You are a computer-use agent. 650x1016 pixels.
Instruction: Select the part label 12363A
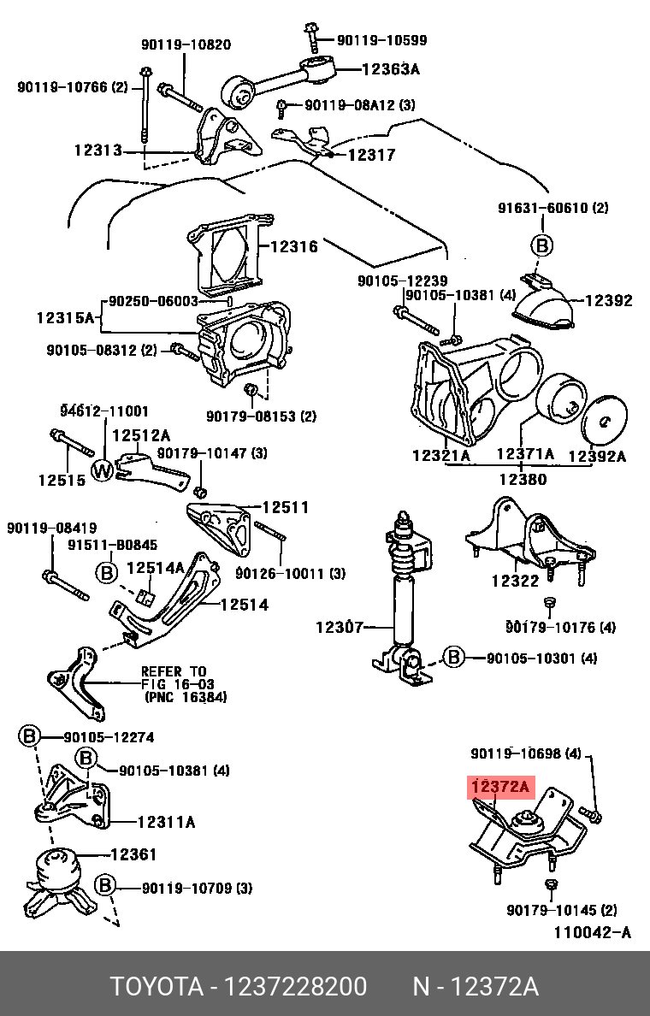pyautogui.click(x=391, y=71)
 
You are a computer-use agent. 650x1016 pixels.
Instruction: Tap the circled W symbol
pyautogui.click(x=103, y=470)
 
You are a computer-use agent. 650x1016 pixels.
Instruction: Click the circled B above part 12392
pyautogui.click(x=541, y=245)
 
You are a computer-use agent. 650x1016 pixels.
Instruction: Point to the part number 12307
pyautogui.click(x=340, y=627)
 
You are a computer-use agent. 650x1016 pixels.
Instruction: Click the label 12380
pyautogui.click(x=523, y=480)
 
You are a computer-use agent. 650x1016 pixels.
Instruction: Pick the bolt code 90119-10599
pyautogui.click(x=381, y=40)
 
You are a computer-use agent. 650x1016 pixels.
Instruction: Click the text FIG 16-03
pyautogui.click(x=178, y=684)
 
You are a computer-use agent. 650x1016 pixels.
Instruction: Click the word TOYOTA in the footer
pyautogui.click(x=154, y=987)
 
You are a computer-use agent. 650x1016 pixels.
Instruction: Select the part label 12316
pyautogui.click(x=293, y=247)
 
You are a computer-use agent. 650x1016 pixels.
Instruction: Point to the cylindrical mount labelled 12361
pyautogui.click(x=55, y=871)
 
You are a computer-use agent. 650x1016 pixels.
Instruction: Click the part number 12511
pyautogui.click(x=285, y=507)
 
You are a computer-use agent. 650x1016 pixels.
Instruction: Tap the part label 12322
pyautogui.click(x=515, y=581)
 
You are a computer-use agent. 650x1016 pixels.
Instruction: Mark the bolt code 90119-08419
pyautogui.click(x=51, y=528)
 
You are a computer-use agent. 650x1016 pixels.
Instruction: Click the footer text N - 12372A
pyautogui.click(x=475, y=987)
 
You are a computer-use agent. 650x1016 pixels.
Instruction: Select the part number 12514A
pyautogui.click(x=155, y=568)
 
